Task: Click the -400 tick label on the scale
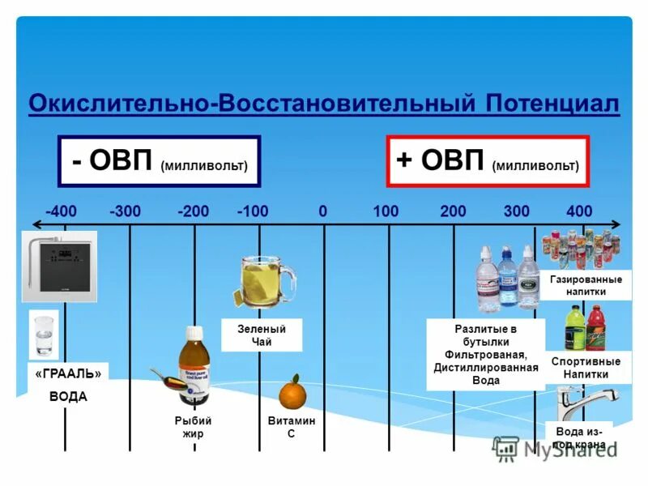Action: click(62, 211)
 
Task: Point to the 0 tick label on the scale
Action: click(322, 211)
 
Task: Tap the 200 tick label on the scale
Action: click(453, 211)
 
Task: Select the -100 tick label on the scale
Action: click(253, 211)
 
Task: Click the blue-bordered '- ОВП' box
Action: click(159, 161)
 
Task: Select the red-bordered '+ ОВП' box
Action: click(488, 161)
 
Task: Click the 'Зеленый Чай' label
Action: click(262, 335)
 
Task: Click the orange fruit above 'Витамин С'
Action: click(291, 394)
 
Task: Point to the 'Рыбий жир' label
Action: click(194, 427)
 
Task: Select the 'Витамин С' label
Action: click(292, 427)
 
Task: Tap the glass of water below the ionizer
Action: click(43, 335)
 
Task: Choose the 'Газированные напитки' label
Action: click(586, 285)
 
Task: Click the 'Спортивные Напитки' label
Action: click(586, 367)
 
